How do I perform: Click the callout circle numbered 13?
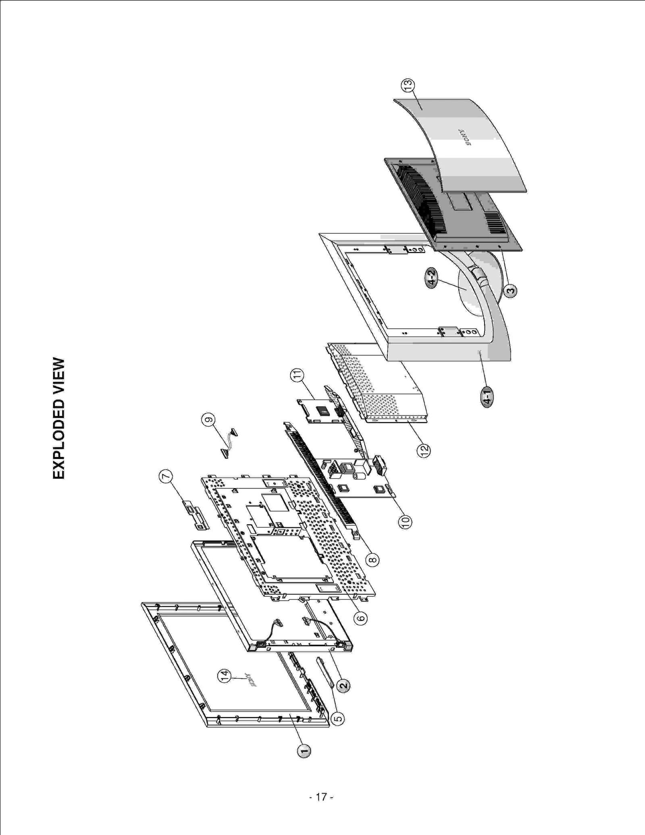408,85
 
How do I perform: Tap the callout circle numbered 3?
510,290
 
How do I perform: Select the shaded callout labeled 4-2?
432,278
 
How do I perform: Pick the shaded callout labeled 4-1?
487,398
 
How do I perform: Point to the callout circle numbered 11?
297,375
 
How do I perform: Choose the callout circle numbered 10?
405,522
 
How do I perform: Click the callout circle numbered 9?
208,420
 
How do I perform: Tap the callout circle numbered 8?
372,560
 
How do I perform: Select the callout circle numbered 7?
166,476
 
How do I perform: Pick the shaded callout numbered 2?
343,685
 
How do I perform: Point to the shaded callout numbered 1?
304,751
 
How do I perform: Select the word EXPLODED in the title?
59,439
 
